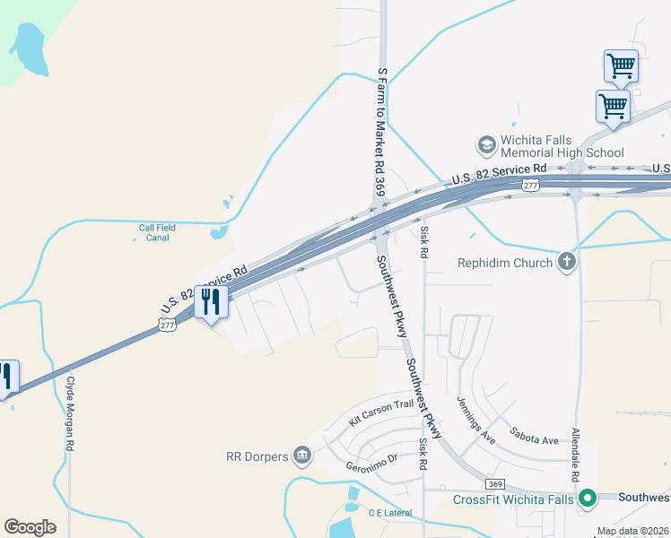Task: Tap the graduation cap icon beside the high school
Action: click(x=486, y=144)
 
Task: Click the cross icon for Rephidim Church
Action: click(x=566, y=262)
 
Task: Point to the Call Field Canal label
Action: click(x=157, y=233)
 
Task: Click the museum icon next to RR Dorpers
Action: click(x=302, y=456)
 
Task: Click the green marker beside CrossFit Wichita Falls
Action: click(x=588, y=498)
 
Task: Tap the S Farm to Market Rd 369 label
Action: click(x=381, y=135)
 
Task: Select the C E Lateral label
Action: click(x=389, y=513)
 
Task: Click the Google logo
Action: click(x=30, y=527)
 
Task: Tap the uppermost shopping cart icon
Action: click(x=621, y=65)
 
